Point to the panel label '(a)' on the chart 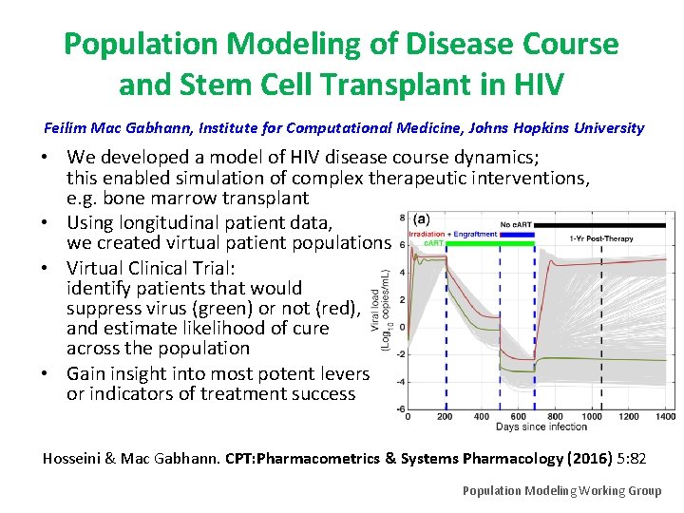(422, 218)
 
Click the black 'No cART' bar (598, 225)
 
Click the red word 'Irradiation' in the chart (427, 235)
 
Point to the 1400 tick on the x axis (665, 417)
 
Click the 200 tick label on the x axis (446, 417)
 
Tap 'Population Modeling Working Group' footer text (561, 490)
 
